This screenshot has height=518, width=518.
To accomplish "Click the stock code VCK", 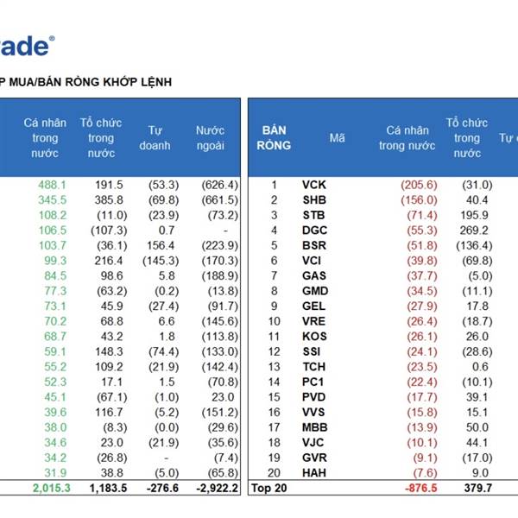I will click(x=313, y=185).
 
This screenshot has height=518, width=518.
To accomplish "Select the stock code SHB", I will click(x=313, y=200).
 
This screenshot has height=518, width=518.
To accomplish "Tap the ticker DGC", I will click(x=313, y=231).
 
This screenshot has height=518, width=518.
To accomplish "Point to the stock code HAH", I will click(x=313, y=472).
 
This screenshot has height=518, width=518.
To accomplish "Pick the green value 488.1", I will click(x=52, y=185).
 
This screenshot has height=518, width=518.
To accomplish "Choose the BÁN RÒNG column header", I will click(x=273, y=137).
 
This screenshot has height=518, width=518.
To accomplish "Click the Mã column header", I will click(x=337, y=137).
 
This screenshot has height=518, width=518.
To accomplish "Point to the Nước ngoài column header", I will click(x=210, y=137).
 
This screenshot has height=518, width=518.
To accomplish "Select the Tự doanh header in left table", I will click(x=155, y=137).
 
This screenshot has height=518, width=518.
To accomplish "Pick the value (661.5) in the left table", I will click(x=216, y=200).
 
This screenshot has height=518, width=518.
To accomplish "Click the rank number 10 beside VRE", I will click(x=274, y=321).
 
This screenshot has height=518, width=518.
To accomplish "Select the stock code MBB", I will click(x=314, y=426).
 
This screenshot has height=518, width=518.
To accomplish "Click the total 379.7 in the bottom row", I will click(x=471, y=489).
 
